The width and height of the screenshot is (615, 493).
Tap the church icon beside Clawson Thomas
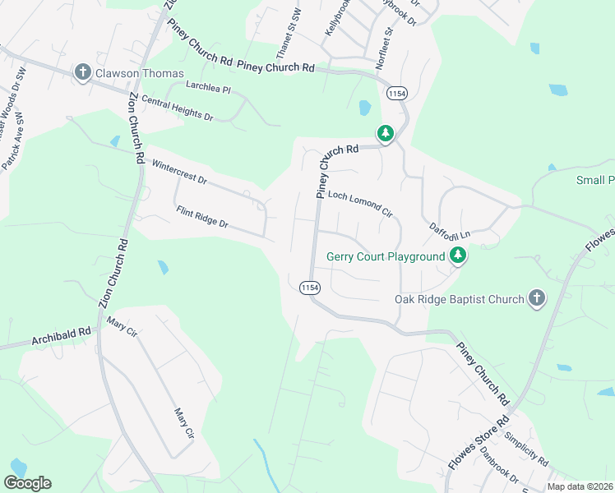pyautogui.click(x=82, y=73)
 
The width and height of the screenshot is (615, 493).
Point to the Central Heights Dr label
pyautogui.click(x=177, y=108)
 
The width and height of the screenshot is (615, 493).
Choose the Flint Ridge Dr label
pyautogui.click(x=201, y=218)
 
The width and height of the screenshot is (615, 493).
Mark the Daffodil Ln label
pyautogui.click(x=449, y=230)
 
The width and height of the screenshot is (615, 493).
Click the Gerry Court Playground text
pyautogui.click(x=386, y=256)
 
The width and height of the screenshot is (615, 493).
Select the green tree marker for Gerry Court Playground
pyautogui.click(x=458, y=256)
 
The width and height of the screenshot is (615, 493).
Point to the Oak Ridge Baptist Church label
pyautogui.click(x=460, y=299)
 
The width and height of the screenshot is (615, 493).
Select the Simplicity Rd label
pyautogui.click(x=527, y=449)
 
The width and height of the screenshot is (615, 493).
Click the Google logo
pyautogui.click(x=27, y=483)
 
